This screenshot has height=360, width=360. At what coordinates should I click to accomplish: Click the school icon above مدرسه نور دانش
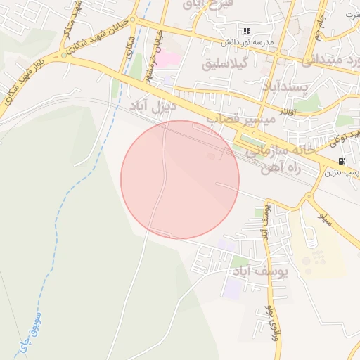(x=247, y=31)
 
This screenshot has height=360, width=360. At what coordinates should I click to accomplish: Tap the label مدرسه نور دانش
(x=247, y=41)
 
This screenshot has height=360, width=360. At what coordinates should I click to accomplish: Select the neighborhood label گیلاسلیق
(x=226, y=64)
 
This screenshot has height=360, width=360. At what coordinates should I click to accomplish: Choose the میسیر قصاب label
(x=239, y=120)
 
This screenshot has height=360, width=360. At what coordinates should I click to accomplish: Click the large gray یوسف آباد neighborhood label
(x=261, y=271)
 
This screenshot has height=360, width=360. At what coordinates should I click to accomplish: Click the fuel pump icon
(x=342, y=161)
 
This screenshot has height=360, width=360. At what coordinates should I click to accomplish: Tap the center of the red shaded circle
(x=180, y=179)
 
